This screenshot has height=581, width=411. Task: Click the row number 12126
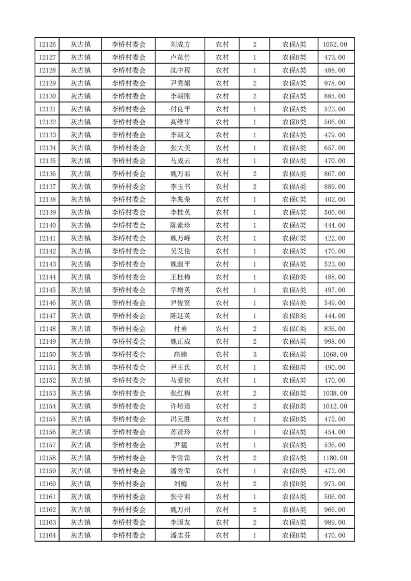coord(47,45)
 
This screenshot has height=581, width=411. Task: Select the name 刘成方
coord(180,45)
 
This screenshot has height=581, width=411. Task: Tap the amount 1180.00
coord(334,458)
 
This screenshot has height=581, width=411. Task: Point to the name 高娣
coord(180,355)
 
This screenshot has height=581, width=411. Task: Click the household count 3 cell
coord(254,355)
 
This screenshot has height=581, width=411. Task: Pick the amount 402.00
coord(334,199)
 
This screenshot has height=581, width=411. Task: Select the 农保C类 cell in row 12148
coord(294,329)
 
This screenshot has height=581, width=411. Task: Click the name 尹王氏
coord(180,368)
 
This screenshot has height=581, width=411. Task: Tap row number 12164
coord(47,535)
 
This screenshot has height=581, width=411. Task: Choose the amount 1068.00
coord(334,355)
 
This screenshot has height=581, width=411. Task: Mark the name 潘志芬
coord(180,535)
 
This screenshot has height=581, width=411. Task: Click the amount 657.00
coord(334,148)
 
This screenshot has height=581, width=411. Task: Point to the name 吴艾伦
coord(180,251)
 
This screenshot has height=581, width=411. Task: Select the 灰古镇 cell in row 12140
coord(81,225)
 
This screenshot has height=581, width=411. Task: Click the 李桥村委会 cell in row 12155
coord(129,419)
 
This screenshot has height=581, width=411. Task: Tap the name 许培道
coord(180,406)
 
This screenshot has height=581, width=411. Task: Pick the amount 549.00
coord(334,303)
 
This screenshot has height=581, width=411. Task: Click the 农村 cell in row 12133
coord(222,135)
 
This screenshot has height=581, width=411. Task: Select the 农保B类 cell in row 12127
coord(294,57)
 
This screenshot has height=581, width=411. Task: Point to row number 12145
coord(47,290)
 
